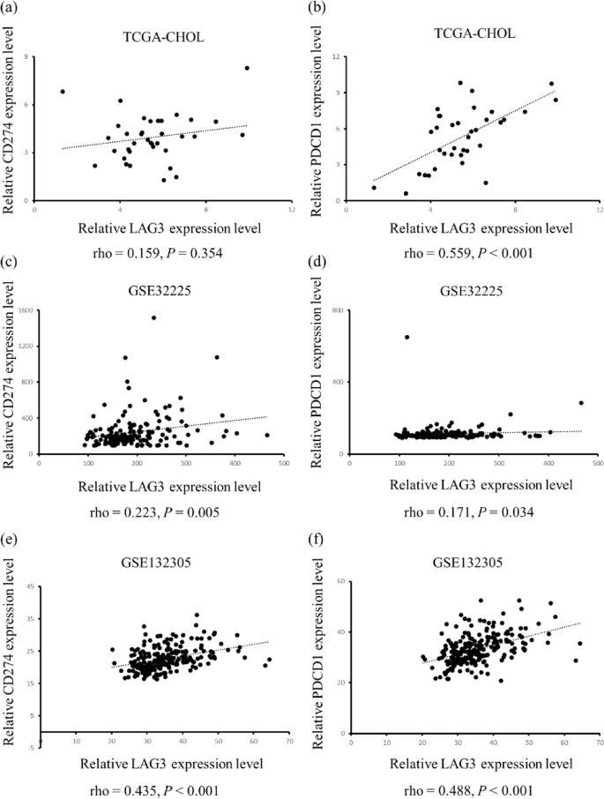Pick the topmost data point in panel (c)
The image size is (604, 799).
153,317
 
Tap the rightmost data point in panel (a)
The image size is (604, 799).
248,68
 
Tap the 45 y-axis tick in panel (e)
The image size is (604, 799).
31,586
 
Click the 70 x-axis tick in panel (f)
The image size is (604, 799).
600,743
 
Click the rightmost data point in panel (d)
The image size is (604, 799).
581,403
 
